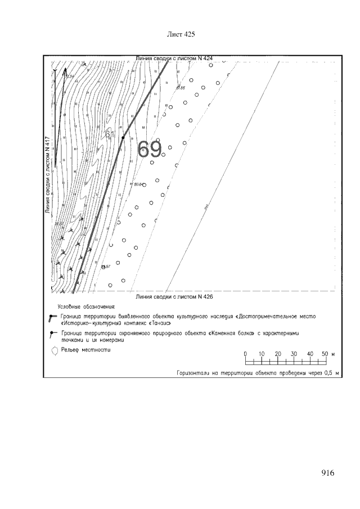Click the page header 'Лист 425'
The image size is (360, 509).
pos(181,34)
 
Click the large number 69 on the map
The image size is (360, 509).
pos(150,149)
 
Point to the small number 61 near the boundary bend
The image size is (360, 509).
pos(110,134)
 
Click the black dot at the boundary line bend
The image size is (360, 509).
pos(123,137)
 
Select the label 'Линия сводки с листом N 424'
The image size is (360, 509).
pos(175,58)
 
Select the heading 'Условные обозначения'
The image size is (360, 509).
pos(86,308)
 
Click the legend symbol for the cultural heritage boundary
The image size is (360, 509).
pos(52,318)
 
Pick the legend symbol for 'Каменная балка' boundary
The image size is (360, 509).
pos(52,334)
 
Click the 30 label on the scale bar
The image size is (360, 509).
pos(294,353)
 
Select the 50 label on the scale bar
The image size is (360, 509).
pos(325,353)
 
